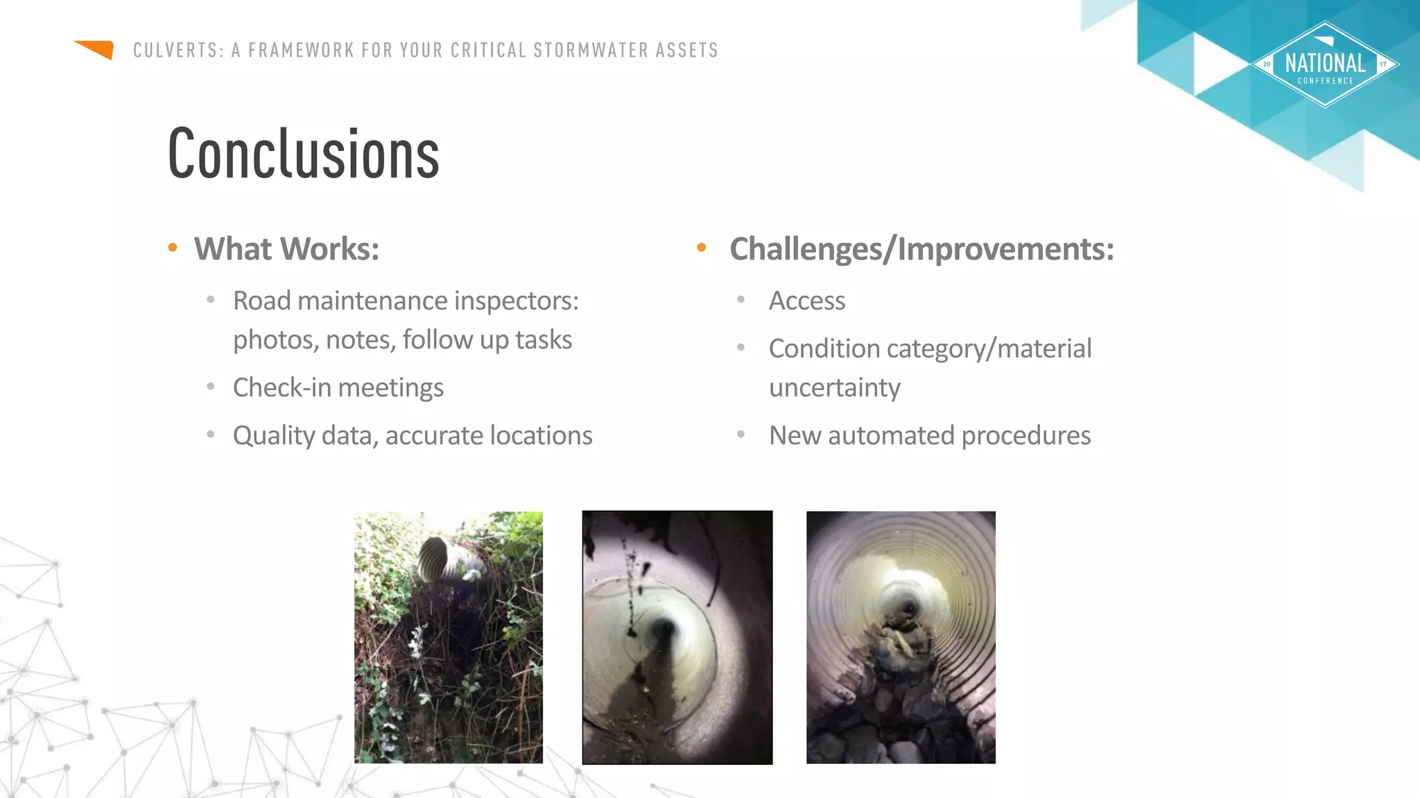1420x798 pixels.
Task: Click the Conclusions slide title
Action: (x=304, y=154)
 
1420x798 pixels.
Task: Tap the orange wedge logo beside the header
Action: (x=96, y=49)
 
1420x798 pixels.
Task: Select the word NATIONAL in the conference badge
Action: (x=1325, y=64)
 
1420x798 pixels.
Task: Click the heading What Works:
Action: (x=286, y=249)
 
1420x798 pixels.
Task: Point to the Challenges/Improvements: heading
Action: (x=921, y=249)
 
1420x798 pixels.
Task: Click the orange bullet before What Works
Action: (x=173, y=247)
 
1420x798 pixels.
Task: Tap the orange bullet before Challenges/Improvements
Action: (x=702, y=247)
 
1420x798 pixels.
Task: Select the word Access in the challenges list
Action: (x=807, y=301)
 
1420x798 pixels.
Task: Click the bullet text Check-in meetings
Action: (x=338, y=387)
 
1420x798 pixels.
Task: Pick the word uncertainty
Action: (x=835, y=387)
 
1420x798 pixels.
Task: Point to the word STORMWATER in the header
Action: (x=591, y=51)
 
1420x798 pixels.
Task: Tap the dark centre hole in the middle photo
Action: (x=661, y=630)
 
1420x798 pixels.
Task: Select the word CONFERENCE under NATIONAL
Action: (x=1325, y=81)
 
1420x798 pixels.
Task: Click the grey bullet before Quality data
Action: (x=211, y=434)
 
